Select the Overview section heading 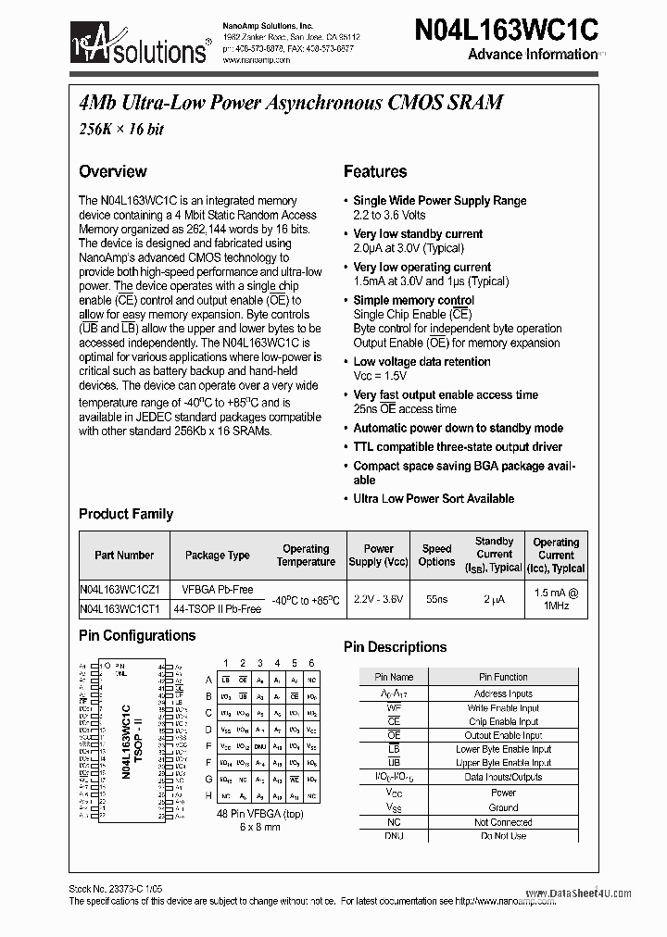point(113,171)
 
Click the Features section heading point(375,171)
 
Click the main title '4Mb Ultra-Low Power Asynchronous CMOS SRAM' point(290,103)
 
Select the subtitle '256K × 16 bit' point(120,130)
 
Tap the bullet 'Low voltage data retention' point(422,362)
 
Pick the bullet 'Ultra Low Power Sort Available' point(434,498)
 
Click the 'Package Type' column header point(218,556)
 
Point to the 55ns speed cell point(435,600)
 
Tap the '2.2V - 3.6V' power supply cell point(378,600)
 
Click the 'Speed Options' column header point(436,556)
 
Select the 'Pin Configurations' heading point(137,636)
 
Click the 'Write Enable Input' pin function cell point(503,708)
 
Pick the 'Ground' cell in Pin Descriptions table point(503,807)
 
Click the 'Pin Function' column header point(503,677)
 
